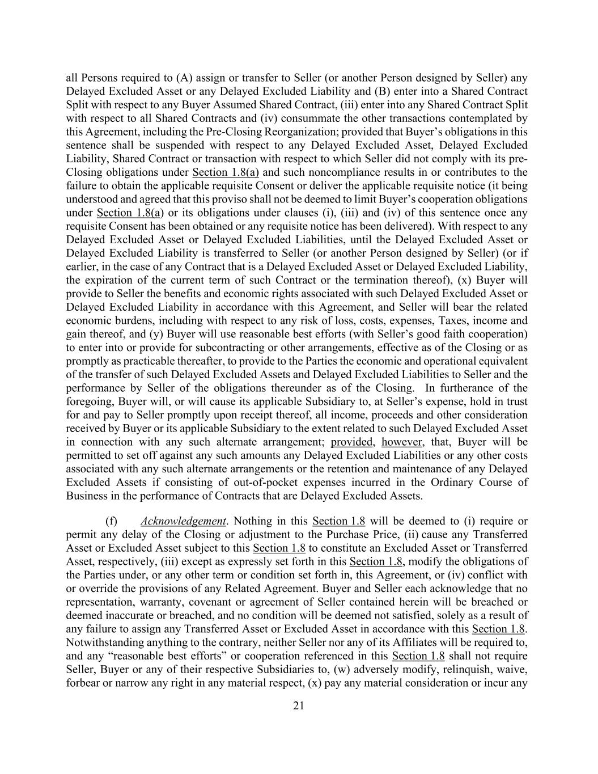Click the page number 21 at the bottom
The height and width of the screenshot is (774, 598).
pos(299,705)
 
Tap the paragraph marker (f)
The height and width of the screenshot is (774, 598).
pos(111,521)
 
